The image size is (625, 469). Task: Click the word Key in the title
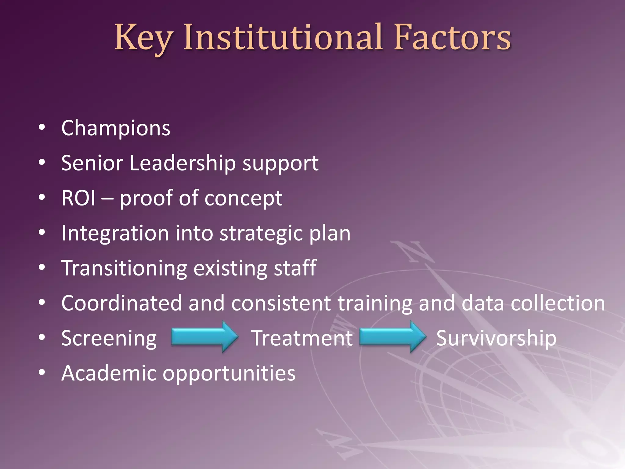pos(143,38)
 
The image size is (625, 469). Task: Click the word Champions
pos(116,128)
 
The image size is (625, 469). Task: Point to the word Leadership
pos(182,163)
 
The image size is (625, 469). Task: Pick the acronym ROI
pos(78,198)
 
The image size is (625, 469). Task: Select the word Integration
pos(115,234)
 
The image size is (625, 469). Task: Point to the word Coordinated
pos(121,303)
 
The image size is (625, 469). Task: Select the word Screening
pos(109,339)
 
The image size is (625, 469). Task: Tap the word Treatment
pos(302,338)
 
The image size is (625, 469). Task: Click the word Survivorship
pos(496,339)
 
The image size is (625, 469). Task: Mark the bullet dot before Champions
pos(42,127)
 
